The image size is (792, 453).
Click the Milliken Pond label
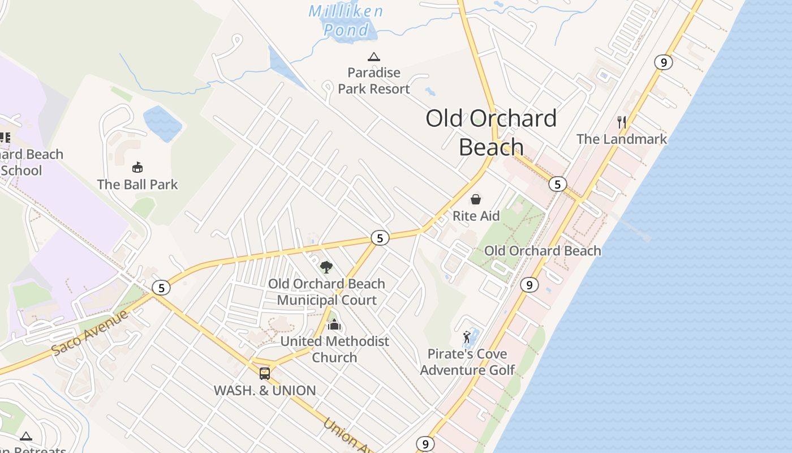(x=346, y=20)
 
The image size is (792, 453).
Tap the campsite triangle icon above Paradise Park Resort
(x=373, y=57)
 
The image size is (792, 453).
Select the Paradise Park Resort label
(x=374, y=81)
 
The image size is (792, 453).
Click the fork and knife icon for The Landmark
(x=622, y=122)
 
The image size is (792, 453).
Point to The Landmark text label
(x=622, y=139)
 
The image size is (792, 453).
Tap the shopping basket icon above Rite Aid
(x=476, y=199)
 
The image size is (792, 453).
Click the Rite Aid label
(x=476, y=216)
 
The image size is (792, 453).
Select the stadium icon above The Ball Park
(x=137, y=167)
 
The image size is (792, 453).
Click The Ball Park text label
(x=137, y=185)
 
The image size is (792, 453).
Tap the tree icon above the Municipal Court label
(x=326, y=267)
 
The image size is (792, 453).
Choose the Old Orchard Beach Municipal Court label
(x=326, y=292)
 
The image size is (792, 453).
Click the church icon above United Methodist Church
(x=334, y=324)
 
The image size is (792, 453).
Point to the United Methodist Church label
(x=335, y=349)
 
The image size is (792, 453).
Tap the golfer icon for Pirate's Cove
(x=467, y=338)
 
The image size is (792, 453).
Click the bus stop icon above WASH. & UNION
(x=264, y=374)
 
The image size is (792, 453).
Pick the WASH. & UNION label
(x=265, y=391)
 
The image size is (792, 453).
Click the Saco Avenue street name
(x=90, y=333)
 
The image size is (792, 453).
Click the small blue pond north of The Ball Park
(x=163, y=123)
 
